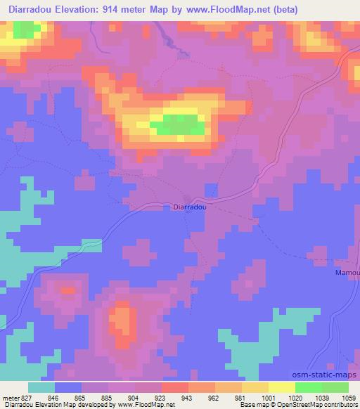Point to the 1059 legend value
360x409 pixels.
click(348, 396)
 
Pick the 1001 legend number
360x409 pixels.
click(269, 396)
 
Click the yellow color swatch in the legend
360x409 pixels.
click(281, 387)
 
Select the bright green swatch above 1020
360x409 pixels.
click(308, 387)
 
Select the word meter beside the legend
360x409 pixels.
click(11, 396)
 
